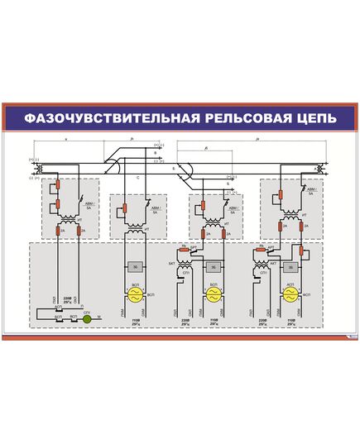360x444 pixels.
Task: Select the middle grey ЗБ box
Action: tap(212, 267)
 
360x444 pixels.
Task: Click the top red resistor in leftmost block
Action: tap(58, 188)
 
